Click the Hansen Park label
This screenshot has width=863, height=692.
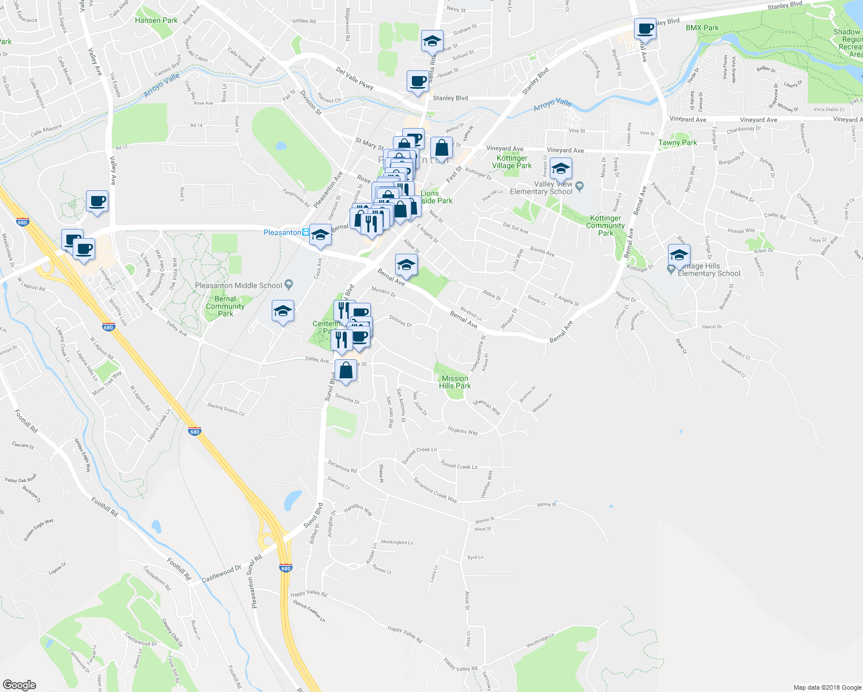[x=156, y=20]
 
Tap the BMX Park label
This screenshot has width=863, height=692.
[x=702, y=28]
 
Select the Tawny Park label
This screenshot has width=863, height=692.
[x=677, y=142]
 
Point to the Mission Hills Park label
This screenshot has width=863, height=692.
[x=455, y=382]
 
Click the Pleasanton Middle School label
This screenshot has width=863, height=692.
[x=239, y=285]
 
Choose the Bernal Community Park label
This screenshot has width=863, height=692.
[x=225, y=306]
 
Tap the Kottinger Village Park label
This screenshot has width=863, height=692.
[x=512, y=162]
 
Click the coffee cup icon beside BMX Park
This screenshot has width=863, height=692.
[x=646, y=29]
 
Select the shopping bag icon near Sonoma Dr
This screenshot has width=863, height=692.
[x=346, y=371]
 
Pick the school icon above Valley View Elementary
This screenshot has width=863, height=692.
[x=560, y=170]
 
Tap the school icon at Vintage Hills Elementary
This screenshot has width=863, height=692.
[x=679, y=255]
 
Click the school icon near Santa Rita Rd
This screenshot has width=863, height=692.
[x=432, y=41]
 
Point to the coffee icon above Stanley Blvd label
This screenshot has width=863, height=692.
[x=418, y=81]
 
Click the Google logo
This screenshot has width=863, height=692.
[x=19, y=685]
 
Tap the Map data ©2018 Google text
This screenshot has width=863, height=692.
[x=827, y=687]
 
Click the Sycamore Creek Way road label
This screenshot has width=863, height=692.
[x=435, y=490]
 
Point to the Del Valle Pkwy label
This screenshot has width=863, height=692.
[x=355, y=78]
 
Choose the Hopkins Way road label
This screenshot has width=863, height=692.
[x=463, y=431]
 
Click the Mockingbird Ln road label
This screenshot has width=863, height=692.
[x=397, y=542]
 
